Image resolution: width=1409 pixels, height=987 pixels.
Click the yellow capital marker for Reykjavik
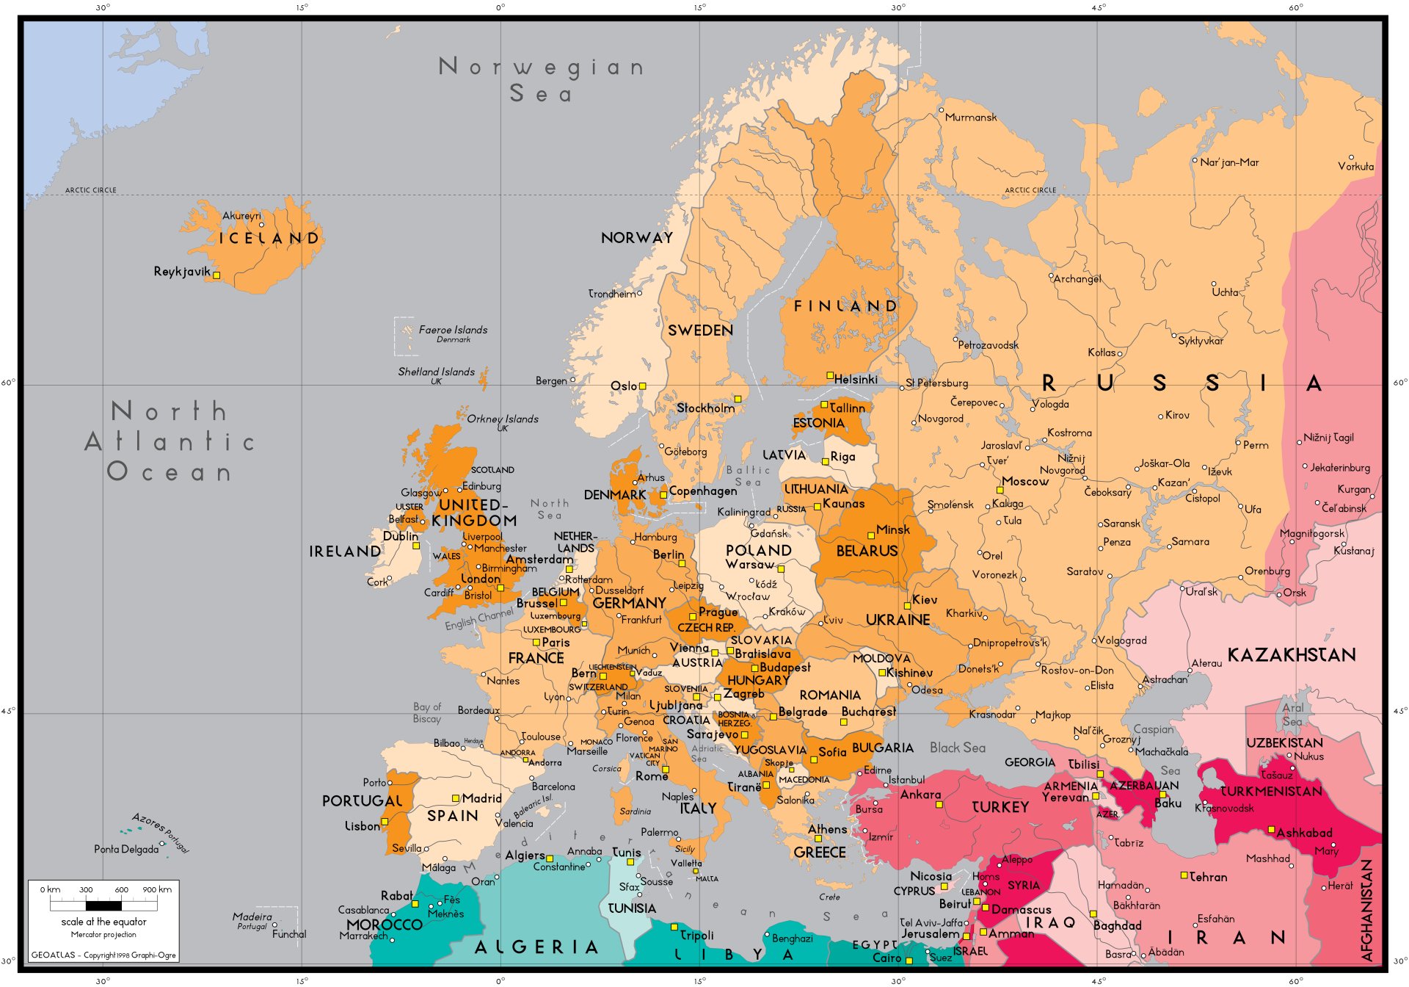click(x=216, y=275)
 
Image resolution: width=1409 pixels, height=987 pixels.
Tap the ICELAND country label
click(x=269, y=239)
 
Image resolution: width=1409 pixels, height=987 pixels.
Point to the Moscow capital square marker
click(x=1000, y=490)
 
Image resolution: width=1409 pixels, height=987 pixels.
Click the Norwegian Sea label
click(x=542, y=80)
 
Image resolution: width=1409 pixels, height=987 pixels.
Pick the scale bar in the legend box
click(x=103, y=905)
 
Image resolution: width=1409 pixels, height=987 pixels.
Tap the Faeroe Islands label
click(x=453, y=330)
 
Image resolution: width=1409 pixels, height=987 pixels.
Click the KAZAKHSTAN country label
click(x=1292, y=655)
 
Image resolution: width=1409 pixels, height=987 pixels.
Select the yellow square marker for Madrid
click(x=456, y=798)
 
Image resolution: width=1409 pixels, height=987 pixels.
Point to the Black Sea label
click(x=957, y=748)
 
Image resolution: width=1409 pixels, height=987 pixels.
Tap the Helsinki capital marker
click(x=830, y=375)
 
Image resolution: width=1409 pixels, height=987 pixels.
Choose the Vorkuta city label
click(x=1355, y=167)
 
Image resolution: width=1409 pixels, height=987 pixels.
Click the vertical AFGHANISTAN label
click(x=1366, y=911)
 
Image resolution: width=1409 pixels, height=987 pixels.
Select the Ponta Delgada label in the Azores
click(x=126, y=850)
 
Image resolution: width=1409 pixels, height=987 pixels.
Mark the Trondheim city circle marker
click(x=639, y=293)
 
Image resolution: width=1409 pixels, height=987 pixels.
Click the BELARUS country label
click(x=867, y=551)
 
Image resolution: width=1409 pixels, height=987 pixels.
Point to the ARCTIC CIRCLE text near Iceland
click(x=90, y=190)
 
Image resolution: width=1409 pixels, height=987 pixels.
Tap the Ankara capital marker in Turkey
click(x=939, y=805)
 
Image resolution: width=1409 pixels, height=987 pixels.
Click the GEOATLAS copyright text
click(x=103, y=955)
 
